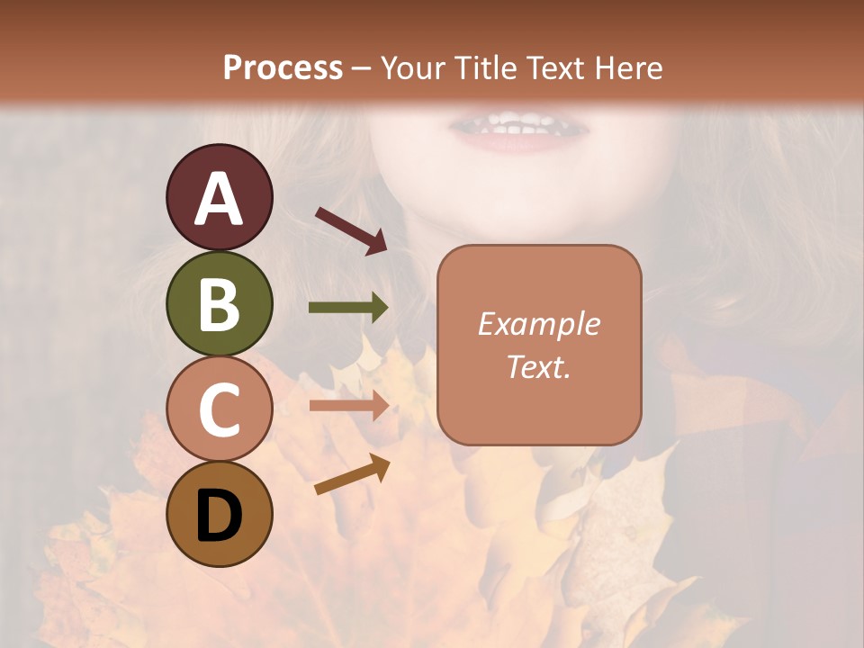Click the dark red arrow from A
352,230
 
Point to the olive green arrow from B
349,308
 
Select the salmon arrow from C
349,405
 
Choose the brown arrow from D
353,474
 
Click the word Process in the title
283,67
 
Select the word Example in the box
538,324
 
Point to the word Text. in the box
538,366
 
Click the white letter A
219,199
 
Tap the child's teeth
509,125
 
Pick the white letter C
219,409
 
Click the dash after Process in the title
362,68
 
